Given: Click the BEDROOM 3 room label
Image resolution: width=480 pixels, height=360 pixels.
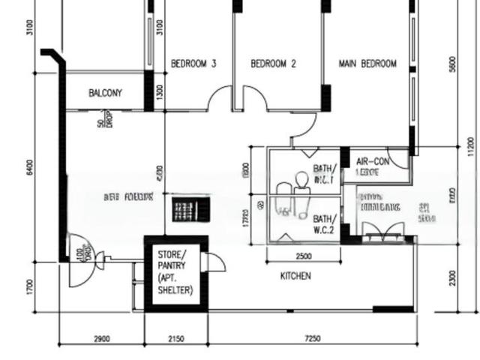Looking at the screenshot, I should click(x=193, y=64).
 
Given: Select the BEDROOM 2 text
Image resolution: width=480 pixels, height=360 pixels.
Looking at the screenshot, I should click(x=273, y=64).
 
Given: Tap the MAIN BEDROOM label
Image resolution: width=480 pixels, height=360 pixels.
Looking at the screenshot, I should click(x=367, y=64).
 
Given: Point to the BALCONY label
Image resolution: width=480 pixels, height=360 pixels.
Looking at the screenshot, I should click(x=105, y=94).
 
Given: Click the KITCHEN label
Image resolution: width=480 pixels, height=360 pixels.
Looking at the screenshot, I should click(x=295, y=277).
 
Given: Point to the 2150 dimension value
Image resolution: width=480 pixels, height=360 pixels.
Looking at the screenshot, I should click(x=175, y=339).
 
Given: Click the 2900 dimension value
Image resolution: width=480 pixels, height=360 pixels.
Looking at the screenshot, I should click(x=101, y=339).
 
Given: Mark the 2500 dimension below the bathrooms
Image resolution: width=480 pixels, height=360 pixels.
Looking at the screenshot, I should click(x=304, y=256).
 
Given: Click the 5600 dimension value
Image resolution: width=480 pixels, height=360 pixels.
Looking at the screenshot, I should click(x=451, y=64).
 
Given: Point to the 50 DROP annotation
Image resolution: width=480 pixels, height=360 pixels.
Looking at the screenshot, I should click(x=105, y=121).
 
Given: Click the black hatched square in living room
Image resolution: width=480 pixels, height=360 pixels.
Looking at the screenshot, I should click(x=187, y=208).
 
